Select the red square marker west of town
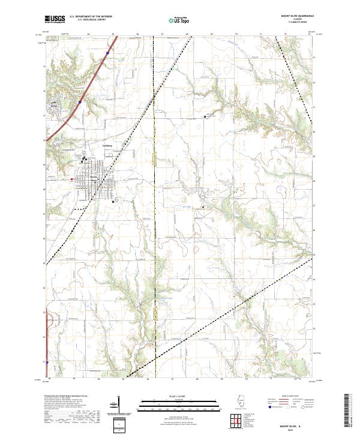72,179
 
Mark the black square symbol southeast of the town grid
113,202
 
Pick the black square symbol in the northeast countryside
205,116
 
